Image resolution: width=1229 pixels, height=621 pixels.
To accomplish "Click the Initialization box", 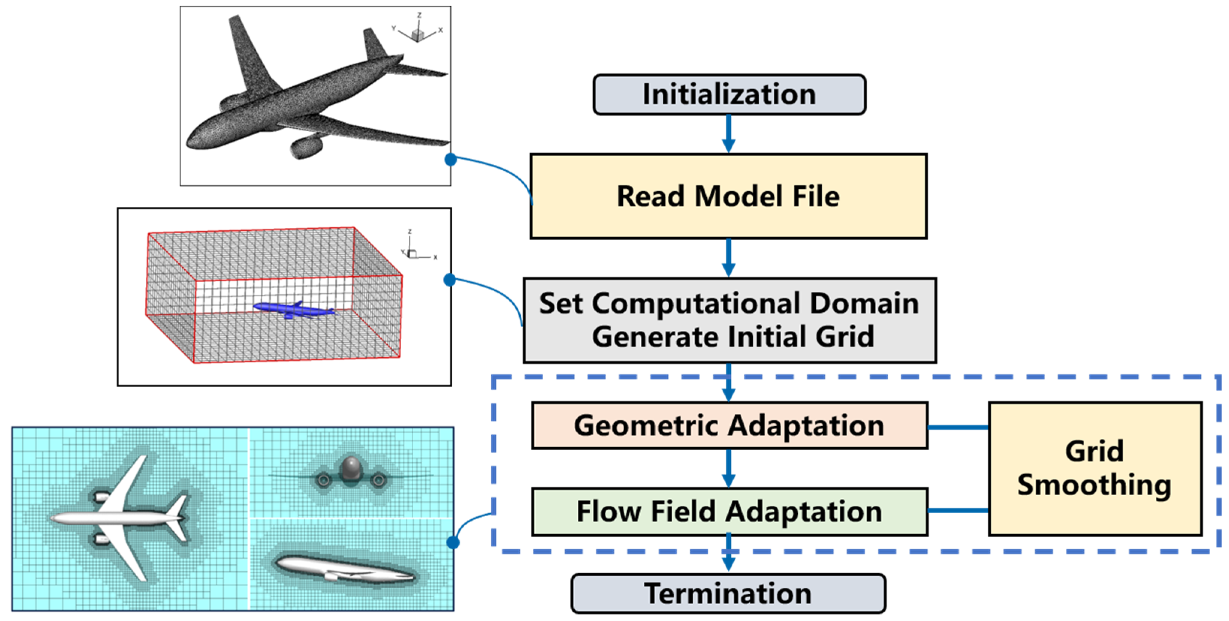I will (x=729, y=95).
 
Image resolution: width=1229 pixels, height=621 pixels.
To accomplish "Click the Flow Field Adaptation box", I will (x=729, y=511).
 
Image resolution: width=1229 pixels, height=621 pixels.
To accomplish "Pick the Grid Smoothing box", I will (x=1095, y=468).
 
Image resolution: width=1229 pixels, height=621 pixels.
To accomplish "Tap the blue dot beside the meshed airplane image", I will (x=450, y=159).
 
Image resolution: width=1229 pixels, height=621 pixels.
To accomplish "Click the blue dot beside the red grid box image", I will (x=449, y=280).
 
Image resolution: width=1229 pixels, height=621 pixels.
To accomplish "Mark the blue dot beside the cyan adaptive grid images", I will (x=453, y=542).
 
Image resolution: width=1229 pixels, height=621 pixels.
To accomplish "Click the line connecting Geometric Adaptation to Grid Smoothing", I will (x=958, y=427).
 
